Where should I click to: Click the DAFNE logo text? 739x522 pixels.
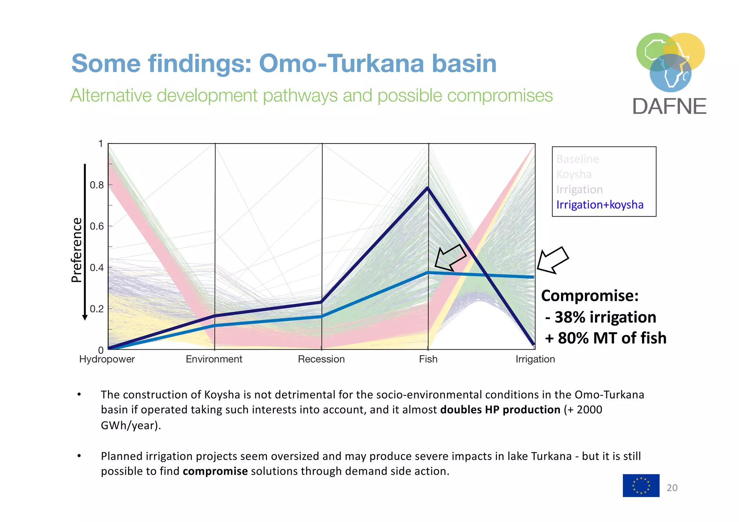669,107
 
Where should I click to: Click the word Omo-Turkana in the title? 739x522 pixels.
341,63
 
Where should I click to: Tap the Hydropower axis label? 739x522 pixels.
107,359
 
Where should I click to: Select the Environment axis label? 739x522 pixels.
214,359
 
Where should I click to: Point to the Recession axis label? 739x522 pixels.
321,359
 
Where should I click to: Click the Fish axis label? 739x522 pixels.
428,359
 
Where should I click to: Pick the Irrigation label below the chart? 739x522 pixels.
535,359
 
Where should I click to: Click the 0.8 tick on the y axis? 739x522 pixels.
97,185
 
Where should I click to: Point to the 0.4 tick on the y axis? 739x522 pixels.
97,268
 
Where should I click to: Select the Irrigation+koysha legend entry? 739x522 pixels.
600,205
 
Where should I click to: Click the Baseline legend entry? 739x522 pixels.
578,159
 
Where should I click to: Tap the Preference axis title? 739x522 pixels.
76,250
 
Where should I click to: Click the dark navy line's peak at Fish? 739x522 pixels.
428,188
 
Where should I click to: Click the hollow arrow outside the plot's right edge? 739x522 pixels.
552,260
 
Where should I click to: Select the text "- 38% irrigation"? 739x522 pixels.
600,317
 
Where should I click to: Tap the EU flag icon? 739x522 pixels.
641,486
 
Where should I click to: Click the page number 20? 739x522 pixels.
672,488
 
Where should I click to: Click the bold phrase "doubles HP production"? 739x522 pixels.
500,410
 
